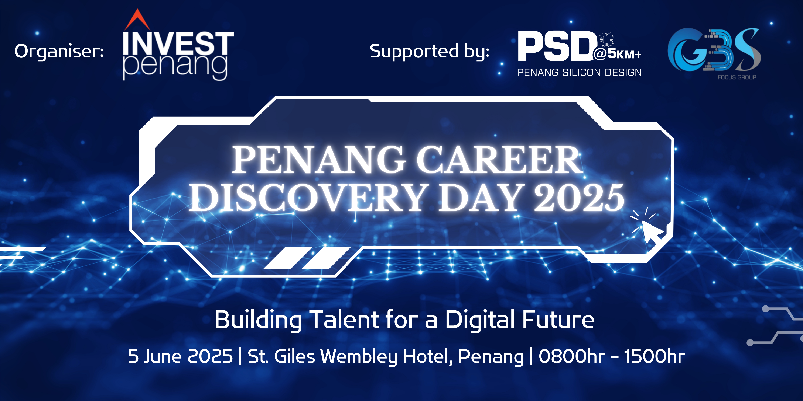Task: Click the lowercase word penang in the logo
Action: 175,67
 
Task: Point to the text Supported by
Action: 430,52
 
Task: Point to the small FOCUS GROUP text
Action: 737,77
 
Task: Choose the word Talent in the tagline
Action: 344,320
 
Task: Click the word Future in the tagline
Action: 558,320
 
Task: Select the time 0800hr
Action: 572,356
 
